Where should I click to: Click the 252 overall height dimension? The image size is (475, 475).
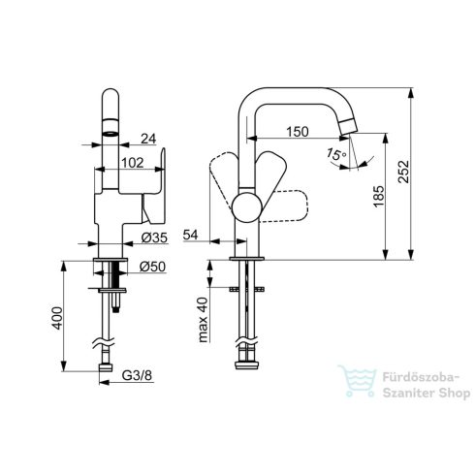tap(403, 172)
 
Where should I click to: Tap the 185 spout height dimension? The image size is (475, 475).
tap(379, 196)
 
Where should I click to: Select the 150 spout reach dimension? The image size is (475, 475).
tap(298, 132)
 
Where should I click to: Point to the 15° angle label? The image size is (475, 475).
tap(336, 154)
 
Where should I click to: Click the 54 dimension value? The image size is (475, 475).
tap(190, 235)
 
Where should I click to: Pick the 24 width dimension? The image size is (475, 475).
tap(148, 139)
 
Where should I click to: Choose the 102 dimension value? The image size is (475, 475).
tap(133, 163)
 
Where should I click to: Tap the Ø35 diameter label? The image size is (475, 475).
tap(154, 237)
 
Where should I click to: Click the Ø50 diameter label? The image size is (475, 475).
tap(152, 267)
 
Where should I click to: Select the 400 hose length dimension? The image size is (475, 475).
tap(57, 318)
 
